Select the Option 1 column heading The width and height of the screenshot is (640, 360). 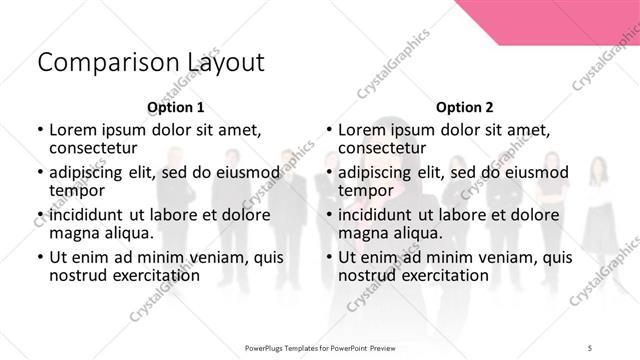coord(176,107)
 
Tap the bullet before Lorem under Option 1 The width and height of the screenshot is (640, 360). coord(39,130)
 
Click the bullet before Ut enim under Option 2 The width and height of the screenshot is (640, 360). coord(329,256)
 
